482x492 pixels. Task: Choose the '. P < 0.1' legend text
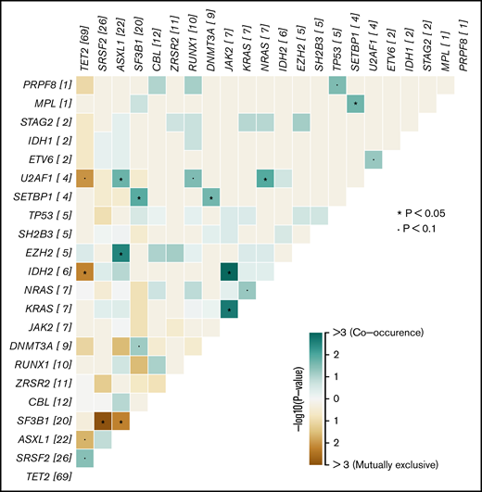click(x=430, y=231)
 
